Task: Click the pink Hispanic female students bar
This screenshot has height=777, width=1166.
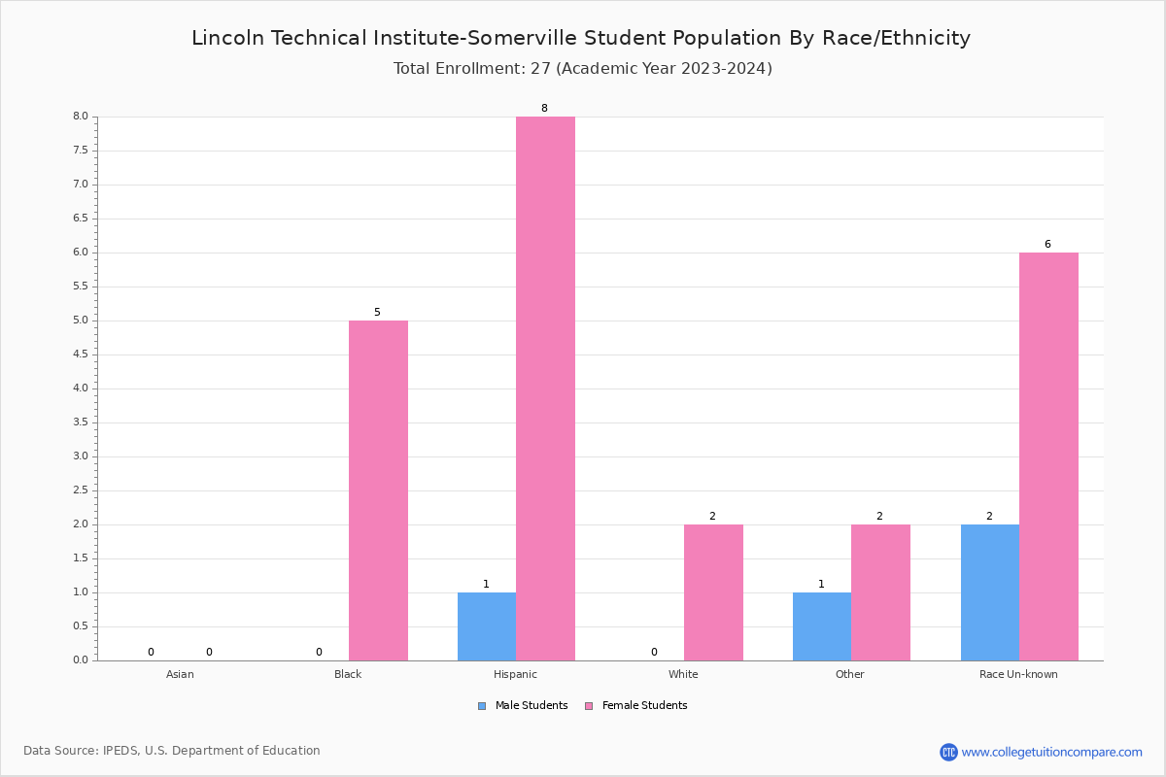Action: click(545, 388)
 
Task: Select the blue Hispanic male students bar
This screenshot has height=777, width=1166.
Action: click(487, 626)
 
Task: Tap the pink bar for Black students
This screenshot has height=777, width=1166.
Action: click(378, 490)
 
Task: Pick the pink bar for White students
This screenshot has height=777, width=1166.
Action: click(713, 592)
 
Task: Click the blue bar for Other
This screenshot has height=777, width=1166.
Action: click(822, 626)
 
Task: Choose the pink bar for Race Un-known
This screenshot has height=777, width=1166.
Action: click(1048, 456)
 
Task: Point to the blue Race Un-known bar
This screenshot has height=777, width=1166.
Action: click(990, 592)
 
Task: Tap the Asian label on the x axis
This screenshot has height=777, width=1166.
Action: click(180, 674)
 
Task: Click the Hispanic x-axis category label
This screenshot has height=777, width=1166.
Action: click(515, 674)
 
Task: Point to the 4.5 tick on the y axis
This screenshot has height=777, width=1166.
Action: click(80, 355)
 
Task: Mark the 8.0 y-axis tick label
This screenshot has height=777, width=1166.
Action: click(80, 117)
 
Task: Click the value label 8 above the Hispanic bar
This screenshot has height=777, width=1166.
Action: click(544, 109)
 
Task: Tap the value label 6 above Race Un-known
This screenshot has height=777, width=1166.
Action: click(1047, 245)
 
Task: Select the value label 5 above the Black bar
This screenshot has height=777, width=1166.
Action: click(377, 313)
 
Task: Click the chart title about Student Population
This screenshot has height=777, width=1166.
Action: click(581, 38)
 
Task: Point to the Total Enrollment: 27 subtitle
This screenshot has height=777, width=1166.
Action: click(582, 69)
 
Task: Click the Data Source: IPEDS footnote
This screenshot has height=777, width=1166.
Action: click(172, 751)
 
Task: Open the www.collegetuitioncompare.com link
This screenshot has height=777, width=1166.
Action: click(1051, 752)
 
